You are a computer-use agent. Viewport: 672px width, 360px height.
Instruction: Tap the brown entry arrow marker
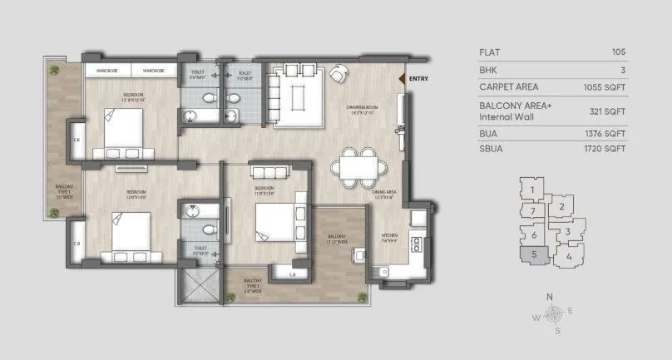click(x=403, y=79)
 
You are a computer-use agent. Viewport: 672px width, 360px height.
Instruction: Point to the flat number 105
click(x=618, y=52)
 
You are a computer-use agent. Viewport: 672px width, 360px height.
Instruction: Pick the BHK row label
click(x=488, y=69)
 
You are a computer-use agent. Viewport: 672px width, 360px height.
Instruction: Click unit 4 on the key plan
click(x=568, y=256)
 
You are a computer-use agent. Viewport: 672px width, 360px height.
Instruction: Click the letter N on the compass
click(x=549, y=297)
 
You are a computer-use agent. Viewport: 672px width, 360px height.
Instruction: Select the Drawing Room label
click(x=363, y=106)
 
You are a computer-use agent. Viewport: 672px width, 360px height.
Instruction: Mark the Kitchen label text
click(x=389, y=236)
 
